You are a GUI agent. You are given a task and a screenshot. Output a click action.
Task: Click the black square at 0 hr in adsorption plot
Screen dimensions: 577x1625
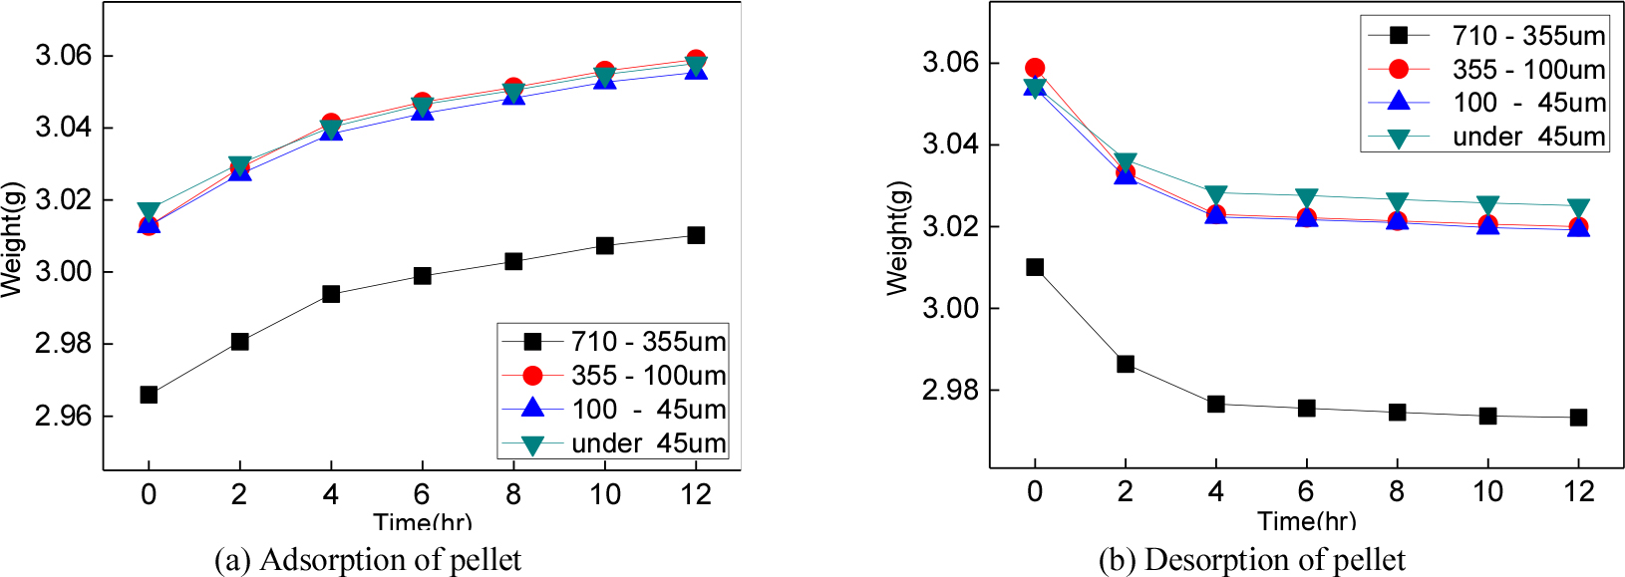pyautogui.click(x=149, y=395)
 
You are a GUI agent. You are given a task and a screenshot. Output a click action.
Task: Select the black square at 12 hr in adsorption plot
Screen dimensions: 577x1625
pyautogui.click(x=696, y=235)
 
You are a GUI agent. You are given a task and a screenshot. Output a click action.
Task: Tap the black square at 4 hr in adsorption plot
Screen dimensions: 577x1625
pyautogui.click(x=331, y=294)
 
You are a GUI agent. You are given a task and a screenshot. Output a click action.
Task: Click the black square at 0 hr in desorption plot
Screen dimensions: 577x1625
pyautogui.click(x=1035, y=267)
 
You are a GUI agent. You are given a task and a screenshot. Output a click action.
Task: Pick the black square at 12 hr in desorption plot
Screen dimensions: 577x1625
pyautogui.click(x=1578, y=418)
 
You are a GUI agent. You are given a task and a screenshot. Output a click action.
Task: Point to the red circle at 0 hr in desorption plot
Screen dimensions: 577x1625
pyautogui.click(x=1035, y=69)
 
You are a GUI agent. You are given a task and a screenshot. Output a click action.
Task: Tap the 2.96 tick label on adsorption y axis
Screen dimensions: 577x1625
pyautogui.click(x=63, y=416)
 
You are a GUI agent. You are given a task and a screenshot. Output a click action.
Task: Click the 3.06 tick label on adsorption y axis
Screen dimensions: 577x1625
pyautogui.click(x=63, y=56)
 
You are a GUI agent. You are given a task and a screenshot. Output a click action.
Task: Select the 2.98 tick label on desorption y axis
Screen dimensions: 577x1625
pyautogui.click(x=950, y=390)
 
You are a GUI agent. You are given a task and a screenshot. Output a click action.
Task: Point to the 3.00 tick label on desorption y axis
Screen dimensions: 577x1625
pyautogui.click(x=950, y=308)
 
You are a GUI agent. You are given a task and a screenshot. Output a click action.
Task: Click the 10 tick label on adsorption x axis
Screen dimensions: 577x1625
pyautogui.click(x=604, y=494)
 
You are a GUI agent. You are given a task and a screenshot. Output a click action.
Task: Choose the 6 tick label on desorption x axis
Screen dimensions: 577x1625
pyautogui.click(x=1306, y=491)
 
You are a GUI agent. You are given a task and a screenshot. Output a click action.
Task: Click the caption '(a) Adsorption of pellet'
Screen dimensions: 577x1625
pyautogui.click(x=368, y=560)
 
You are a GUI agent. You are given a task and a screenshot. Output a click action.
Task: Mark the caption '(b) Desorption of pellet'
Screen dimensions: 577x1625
pyautogui.click(x=1252, y=560)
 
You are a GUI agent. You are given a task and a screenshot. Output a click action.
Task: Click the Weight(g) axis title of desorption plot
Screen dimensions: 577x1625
pyautogui.click(x=898, y=238)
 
